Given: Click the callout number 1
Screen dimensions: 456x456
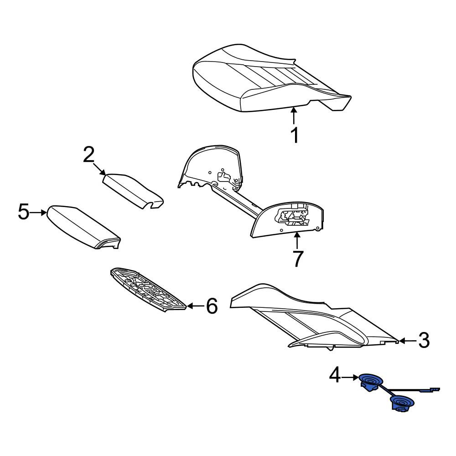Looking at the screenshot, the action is tap(295, 135).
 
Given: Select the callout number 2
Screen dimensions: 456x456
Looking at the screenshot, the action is tap(89, 155).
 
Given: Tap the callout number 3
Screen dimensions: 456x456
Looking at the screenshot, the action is tap(424, 341).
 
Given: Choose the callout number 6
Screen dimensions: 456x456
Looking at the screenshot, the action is tap(212, 306).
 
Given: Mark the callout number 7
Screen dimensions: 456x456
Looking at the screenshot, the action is tap(298, 259).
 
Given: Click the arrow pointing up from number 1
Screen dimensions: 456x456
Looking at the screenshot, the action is tap(294, 116).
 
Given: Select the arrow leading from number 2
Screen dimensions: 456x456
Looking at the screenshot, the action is tap(99, 169).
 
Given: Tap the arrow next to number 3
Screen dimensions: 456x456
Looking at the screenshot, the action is tap(407, 341).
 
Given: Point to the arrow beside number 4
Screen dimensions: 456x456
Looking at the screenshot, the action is tap(350, 378).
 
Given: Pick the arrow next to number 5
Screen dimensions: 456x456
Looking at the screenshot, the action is tap(38, 213).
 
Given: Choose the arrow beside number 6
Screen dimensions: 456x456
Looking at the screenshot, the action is tap(195, 306).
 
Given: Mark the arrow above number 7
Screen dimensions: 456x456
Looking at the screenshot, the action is tap(297, 241).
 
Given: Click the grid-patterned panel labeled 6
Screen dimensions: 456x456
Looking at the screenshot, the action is tap(148, 290).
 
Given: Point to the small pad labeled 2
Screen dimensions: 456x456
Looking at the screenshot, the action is tap(133, 191).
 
